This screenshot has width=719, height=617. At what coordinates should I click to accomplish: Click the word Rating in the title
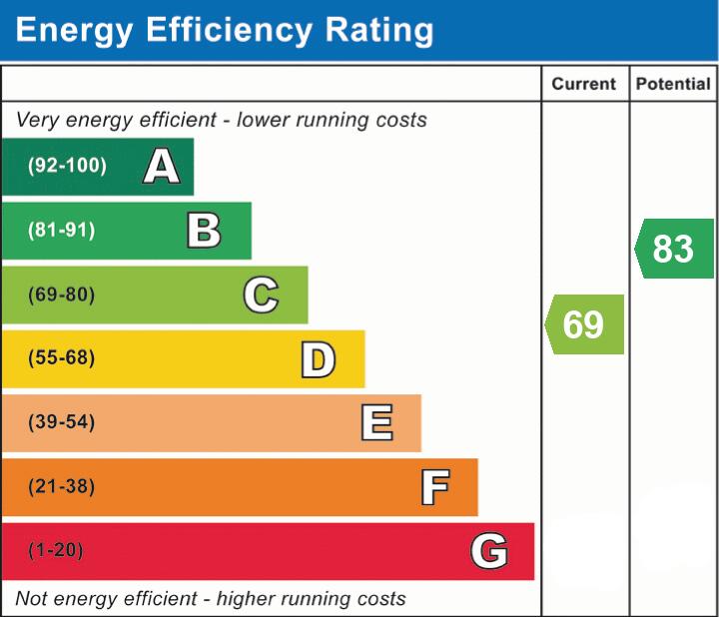[378, 30]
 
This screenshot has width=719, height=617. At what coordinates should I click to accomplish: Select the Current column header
[584, 84]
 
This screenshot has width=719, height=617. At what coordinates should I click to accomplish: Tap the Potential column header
[673, 84]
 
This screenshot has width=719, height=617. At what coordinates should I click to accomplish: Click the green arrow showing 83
[674, 249]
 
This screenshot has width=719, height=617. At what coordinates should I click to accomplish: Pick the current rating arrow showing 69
[584, 324]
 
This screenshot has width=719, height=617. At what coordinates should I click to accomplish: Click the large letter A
[162, 166]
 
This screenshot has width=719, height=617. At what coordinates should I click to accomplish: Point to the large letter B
[204, 230]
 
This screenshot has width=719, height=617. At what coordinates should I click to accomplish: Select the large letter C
[261, 295]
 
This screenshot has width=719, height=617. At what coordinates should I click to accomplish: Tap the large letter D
[319, 359]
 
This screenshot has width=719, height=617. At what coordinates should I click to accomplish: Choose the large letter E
[376, 422]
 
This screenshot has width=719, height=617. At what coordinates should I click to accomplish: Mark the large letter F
[435, 487]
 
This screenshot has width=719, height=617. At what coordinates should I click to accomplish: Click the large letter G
[489, 550]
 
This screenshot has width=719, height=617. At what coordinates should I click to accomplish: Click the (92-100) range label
[67, 165]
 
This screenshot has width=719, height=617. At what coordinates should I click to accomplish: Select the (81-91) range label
[62, 230]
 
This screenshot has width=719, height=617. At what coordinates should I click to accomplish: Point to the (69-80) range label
[62, 295]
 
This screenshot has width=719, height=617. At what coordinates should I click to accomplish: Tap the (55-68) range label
[62, 357]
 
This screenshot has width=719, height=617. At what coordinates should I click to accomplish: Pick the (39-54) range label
[62, 421]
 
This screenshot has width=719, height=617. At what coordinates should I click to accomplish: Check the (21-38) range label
[62, 486]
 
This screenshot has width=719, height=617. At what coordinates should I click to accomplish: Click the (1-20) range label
[56, 550]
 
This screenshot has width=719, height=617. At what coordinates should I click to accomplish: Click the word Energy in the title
[74, 31]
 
